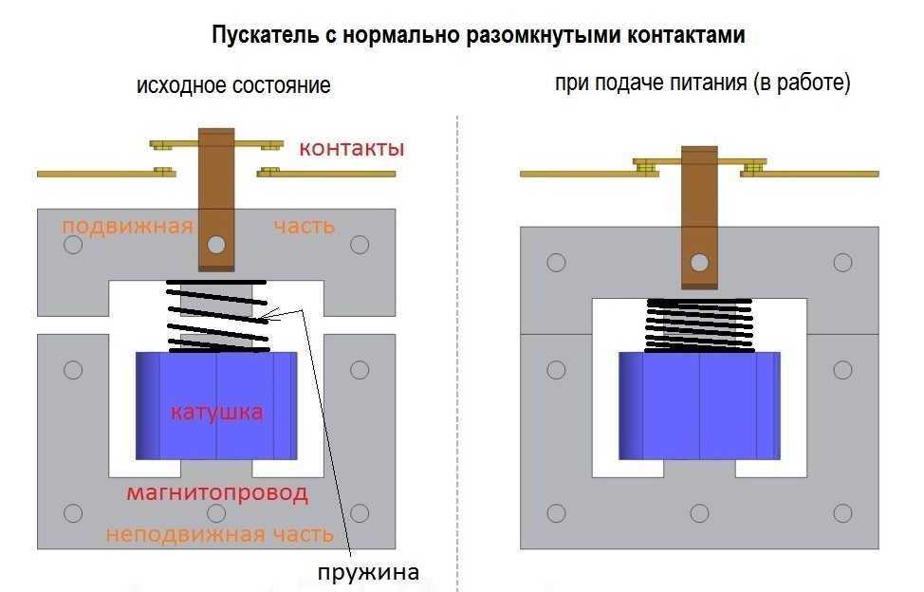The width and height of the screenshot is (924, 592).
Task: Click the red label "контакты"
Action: (x=352, y=149)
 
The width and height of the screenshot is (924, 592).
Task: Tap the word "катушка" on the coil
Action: (x=216, y=413)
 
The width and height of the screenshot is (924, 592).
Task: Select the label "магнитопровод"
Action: (x=217, y=493)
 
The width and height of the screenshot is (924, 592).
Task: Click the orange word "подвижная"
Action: (x=127, y=226)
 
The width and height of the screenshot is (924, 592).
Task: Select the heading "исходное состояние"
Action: (x=233, y=85)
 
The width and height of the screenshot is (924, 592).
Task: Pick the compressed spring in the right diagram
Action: (x=699, y=325)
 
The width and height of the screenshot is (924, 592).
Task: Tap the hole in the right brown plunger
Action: (x=699, y=262)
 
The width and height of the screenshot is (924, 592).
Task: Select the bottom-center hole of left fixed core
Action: (x=216, y=513)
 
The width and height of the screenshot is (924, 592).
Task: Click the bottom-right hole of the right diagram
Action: (x=842, y=513)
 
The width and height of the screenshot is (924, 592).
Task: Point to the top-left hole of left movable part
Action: (x=72, y=246)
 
